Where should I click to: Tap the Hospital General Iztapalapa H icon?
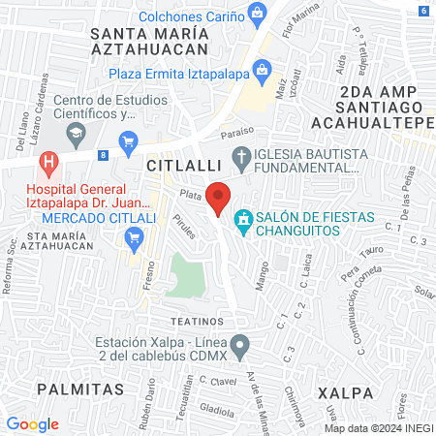coord(45,161)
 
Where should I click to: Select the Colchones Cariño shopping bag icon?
coord(258,13)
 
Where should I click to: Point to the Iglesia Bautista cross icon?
coord(243,156)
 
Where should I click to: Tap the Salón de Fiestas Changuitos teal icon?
coord(245,221)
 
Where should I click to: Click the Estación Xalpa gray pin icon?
coord(245,344)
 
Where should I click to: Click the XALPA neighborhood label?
coord(345,392)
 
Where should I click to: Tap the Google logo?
coord(32,423)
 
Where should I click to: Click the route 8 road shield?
coord(104,154)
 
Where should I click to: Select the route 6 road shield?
coord(425,11)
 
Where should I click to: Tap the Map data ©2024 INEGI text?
coord(378,428)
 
